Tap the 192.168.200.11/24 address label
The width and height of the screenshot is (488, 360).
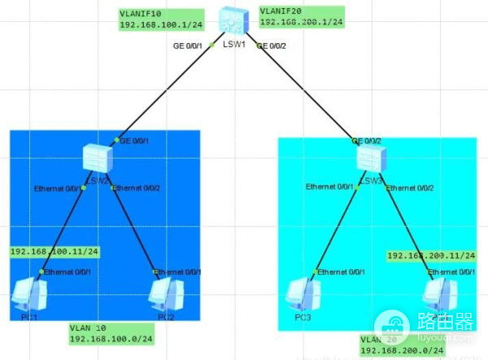[x=430, y=256]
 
